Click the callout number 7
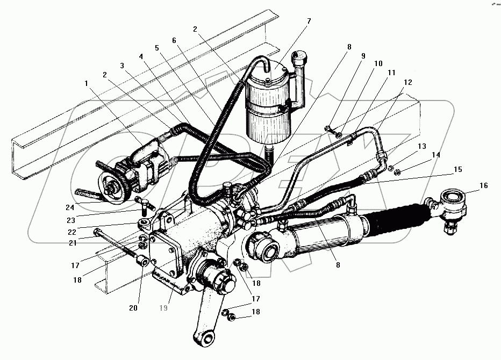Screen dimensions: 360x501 pos(309,21)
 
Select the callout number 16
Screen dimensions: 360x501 pos(483,185)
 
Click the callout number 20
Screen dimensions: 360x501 pos(133,308)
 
